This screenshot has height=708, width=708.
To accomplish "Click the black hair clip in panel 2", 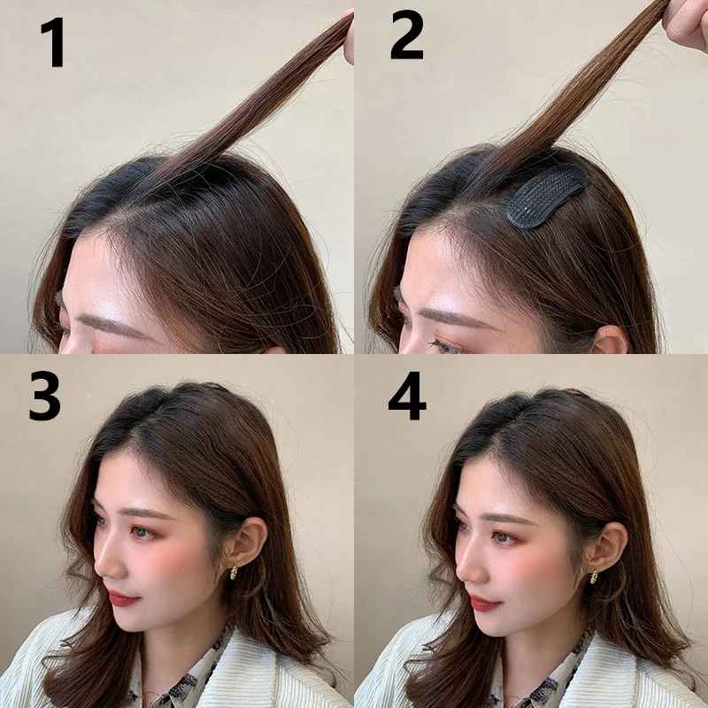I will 546,199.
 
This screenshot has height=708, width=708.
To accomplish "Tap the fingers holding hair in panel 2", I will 686,22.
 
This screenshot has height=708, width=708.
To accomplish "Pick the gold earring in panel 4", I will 595,575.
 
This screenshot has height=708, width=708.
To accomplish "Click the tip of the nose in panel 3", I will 98,565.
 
